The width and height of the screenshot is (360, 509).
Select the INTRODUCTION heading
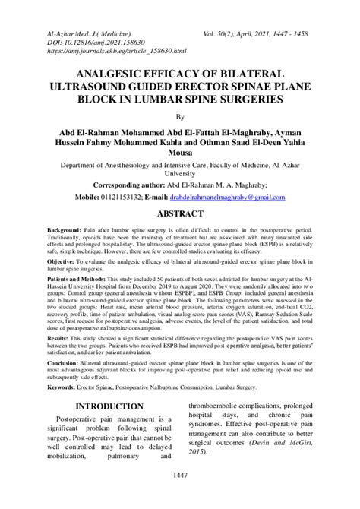coord(95,406)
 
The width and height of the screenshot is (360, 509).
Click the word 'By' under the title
coord(180,117)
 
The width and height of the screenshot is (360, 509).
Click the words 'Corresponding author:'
coord(134,185)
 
